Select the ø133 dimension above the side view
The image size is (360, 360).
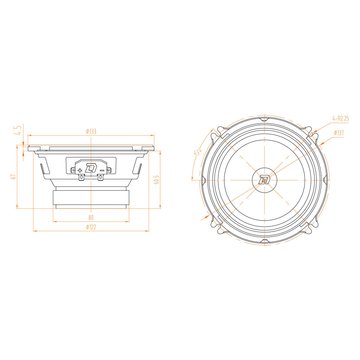[x=90, y=131]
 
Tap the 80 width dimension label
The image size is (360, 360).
[x=91, y=216]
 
